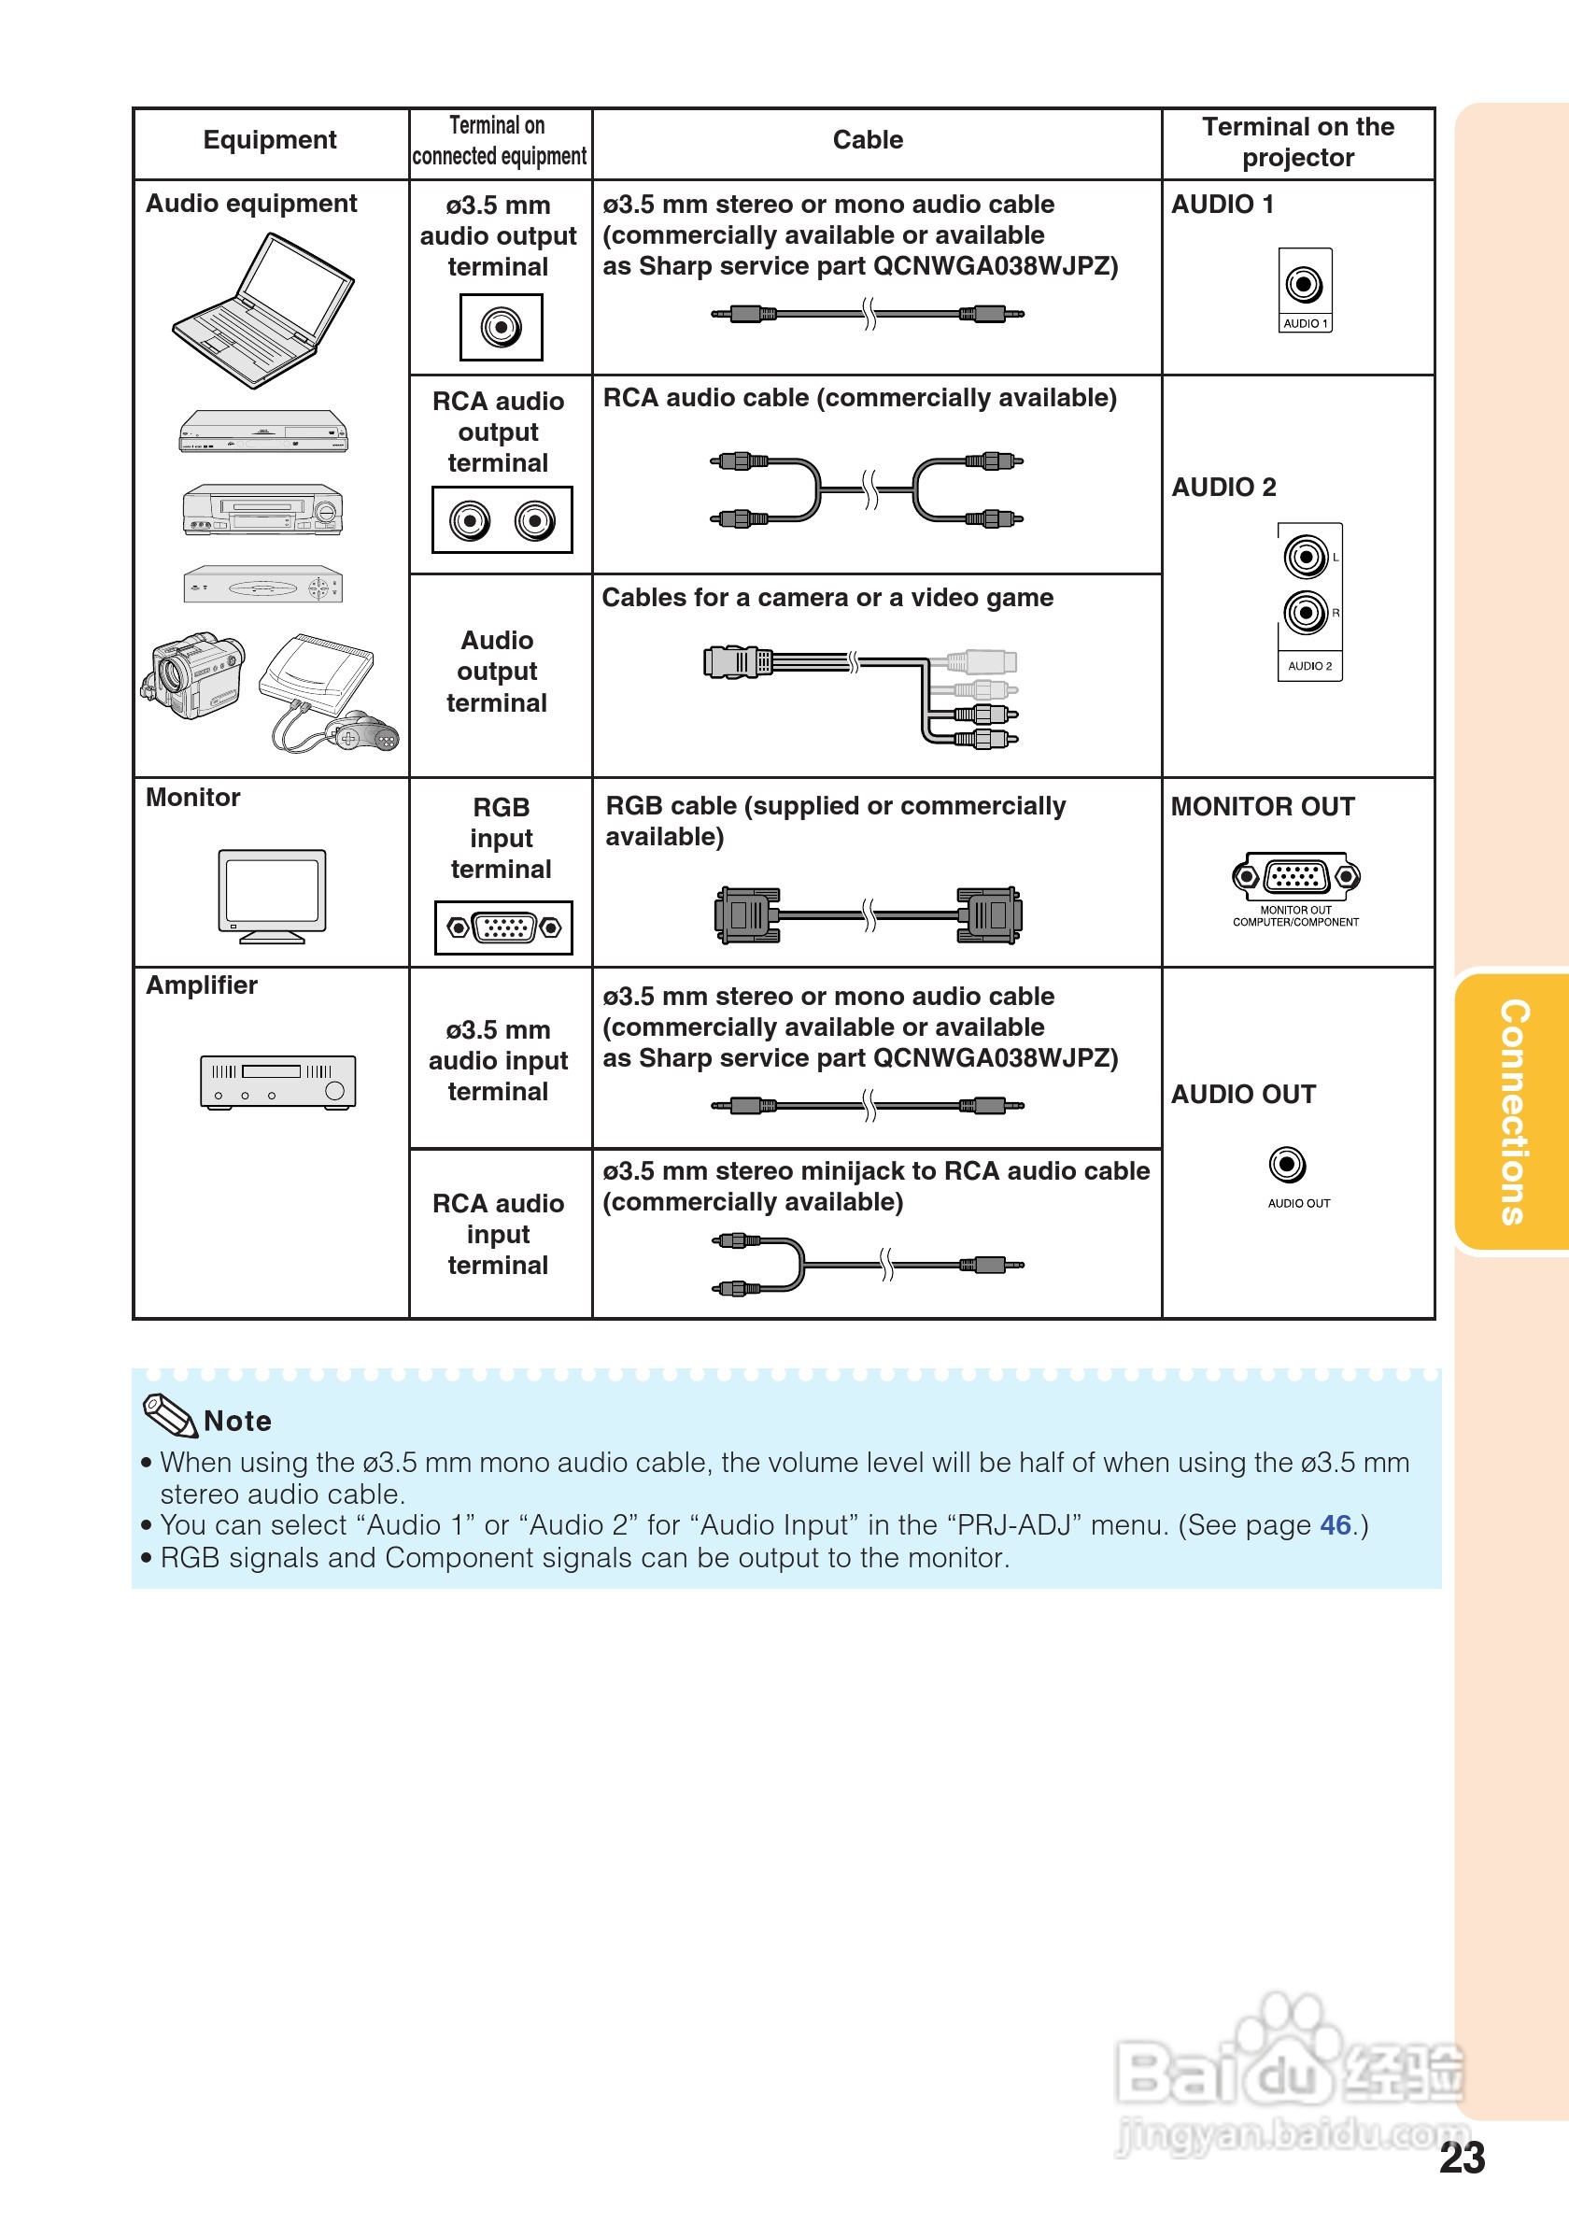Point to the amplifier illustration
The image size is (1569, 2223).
click(277, 1081)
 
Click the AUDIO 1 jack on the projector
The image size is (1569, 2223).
click(1304, 285)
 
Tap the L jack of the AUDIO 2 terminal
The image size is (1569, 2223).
click(1306, 557)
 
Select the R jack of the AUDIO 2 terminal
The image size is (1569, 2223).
click(1306, 613)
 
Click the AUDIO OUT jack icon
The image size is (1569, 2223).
click(1287, 1164)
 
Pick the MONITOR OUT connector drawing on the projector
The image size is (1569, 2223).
click(1296, 876)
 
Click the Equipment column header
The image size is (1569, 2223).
click(270, 140)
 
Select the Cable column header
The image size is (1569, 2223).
click(868, 140)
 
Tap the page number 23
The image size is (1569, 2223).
click(1462, 2159)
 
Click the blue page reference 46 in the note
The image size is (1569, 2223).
click(1335, 1525)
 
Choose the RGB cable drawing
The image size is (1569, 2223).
click(869, 914)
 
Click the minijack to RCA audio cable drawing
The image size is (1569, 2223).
click(869, 1265)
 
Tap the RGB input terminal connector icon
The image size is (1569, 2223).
click(503, 927)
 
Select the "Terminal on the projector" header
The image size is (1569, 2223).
click(1297, 142)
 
